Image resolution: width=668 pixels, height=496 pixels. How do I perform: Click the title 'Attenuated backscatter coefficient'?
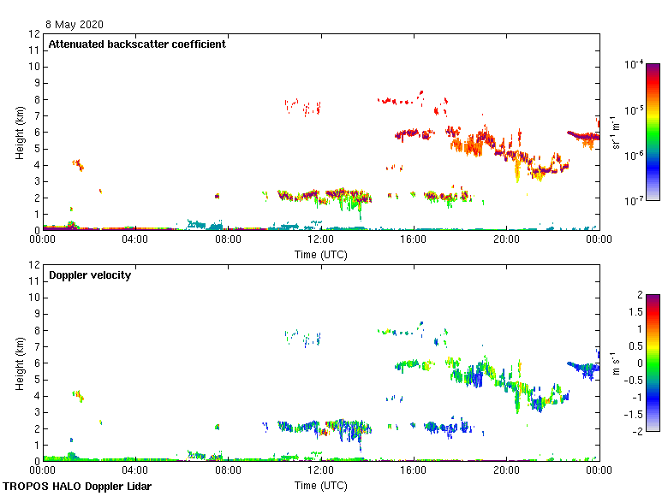[137, 44]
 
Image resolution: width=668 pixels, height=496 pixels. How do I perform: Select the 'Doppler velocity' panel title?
[89, 275]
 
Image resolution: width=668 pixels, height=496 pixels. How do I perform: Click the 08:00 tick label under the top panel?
[228, 239]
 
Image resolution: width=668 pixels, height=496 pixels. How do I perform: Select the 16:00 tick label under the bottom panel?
[413, 470]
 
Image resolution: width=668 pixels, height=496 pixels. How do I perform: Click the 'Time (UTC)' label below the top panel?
[320, 254]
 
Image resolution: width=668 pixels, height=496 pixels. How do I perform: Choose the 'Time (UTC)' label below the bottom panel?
[320, 485]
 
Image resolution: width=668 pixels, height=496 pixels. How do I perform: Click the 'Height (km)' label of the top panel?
[19, 132]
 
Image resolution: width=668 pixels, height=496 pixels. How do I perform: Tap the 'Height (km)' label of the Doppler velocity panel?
[19, 363]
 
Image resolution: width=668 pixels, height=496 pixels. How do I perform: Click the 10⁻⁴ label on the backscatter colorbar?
[634, 65]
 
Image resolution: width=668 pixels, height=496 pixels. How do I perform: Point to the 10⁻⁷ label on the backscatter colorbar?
[634, 202]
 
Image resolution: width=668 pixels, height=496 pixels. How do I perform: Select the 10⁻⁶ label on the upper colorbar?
[634, 156]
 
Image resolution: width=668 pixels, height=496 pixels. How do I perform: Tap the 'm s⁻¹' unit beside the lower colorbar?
[614, 363]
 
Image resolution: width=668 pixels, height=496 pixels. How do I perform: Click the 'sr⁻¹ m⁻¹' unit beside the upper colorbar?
[614, 132]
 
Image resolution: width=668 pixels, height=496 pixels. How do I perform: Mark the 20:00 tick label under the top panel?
[505, 239]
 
